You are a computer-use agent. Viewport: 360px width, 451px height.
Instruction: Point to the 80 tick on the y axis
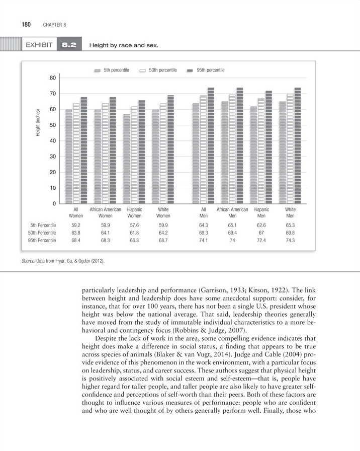pyautogui.click(x=52, y=78)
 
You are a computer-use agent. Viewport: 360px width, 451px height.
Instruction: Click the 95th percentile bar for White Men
pyautogui.click(x=298, y=146)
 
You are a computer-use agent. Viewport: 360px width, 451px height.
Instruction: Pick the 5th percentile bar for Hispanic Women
pyautogui.click(x=126, y=159)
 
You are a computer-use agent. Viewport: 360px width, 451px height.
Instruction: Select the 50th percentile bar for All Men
pyautogui.click(x=204, y=149)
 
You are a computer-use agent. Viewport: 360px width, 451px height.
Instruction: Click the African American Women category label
pyautogui.click(x=105, y=212)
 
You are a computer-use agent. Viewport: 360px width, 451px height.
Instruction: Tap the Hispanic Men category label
pyautogui.click(x=261, y=212)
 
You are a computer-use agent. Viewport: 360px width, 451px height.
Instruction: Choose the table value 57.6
pyautogui.click(x=134, y=225)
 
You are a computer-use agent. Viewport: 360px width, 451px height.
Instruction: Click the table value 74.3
pyautogui.click(x=290, y=241)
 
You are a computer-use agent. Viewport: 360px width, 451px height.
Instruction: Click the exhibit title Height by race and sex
pyautogui.click(x=123, y=46)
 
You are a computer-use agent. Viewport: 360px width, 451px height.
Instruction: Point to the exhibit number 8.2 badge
pyautogui.click(x=68, y=46)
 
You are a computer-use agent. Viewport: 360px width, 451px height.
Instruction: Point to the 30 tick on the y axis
pyautogui.click(x=52, y=157)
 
